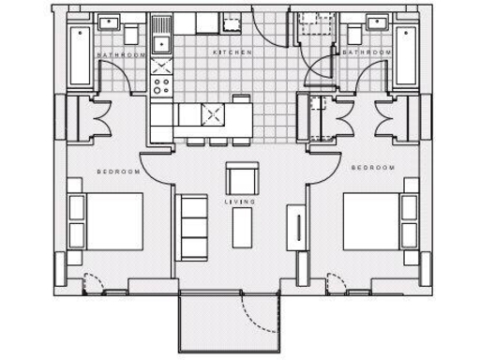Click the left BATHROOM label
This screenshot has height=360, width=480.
[123, 56]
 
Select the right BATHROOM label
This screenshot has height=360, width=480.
[366, 54]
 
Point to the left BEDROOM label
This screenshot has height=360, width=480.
[119, 172]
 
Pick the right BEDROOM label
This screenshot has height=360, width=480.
[373, 168]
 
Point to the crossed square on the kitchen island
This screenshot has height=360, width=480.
[213, 116]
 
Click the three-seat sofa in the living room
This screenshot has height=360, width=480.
[192, 228]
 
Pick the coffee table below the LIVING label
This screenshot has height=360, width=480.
[242, 225]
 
